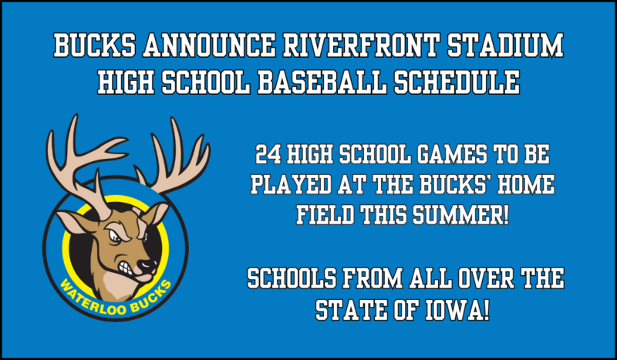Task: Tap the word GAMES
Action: tap(440, 155)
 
